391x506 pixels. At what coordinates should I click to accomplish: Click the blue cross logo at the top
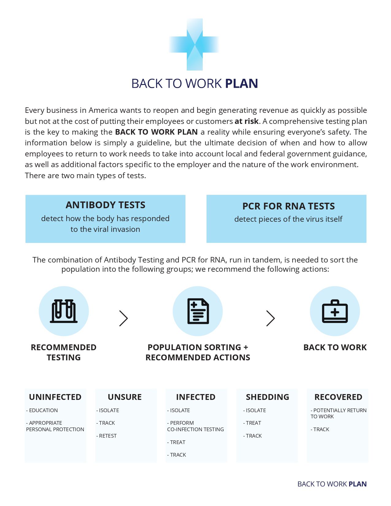click(x=194, y=44)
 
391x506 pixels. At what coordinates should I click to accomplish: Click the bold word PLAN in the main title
click(x=241, y=83)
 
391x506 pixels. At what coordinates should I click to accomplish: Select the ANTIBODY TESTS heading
click(x=105, y=205)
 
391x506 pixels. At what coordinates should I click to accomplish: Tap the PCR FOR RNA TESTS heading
click(x=288, y=206)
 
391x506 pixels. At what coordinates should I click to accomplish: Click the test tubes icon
click(x=63, y=311)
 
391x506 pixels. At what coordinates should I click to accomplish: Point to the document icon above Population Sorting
click(x=198, y=311)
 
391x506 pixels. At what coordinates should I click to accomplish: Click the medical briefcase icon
click(x=335, y=311)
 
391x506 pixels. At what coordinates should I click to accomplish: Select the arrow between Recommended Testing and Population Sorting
click(x=123, y=318)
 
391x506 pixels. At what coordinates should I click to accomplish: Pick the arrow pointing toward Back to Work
click(x=270, y=318)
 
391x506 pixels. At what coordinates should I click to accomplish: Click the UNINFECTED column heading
click(x=55, y=397)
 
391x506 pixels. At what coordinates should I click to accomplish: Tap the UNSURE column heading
click(x=125, y=397)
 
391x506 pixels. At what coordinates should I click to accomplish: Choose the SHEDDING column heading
click(x=267, y=397)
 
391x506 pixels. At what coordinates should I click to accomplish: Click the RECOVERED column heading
click(x=338, y=397)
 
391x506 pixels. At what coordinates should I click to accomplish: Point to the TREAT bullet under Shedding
click(x=252, y=423)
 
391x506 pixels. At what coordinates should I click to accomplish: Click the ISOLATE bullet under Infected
click(x=179, y=410)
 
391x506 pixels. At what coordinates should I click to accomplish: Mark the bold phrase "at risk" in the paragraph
click(x=247, y=121)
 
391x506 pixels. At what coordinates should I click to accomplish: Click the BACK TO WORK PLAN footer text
click(x=332, y=484)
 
